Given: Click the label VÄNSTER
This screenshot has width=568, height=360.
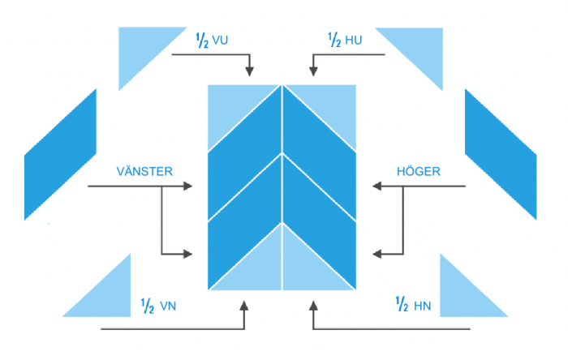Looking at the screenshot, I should pos(145,171).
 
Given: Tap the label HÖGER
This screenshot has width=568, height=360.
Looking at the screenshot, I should pos(418,171).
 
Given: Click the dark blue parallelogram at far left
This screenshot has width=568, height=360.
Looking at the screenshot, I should pos(60,154).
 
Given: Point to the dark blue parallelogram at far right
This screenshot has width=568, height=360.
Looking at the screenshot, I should pos(501,154).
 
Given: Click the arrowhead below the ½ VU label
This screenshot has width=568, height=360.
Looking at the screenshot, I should pos(249,71).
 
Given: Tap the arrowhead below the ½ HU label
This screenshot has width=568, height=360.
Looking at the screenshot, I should pos(313,71).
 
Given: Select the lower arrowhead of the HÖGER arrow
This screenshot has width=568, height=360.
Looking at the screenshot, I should pos(376,254).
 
